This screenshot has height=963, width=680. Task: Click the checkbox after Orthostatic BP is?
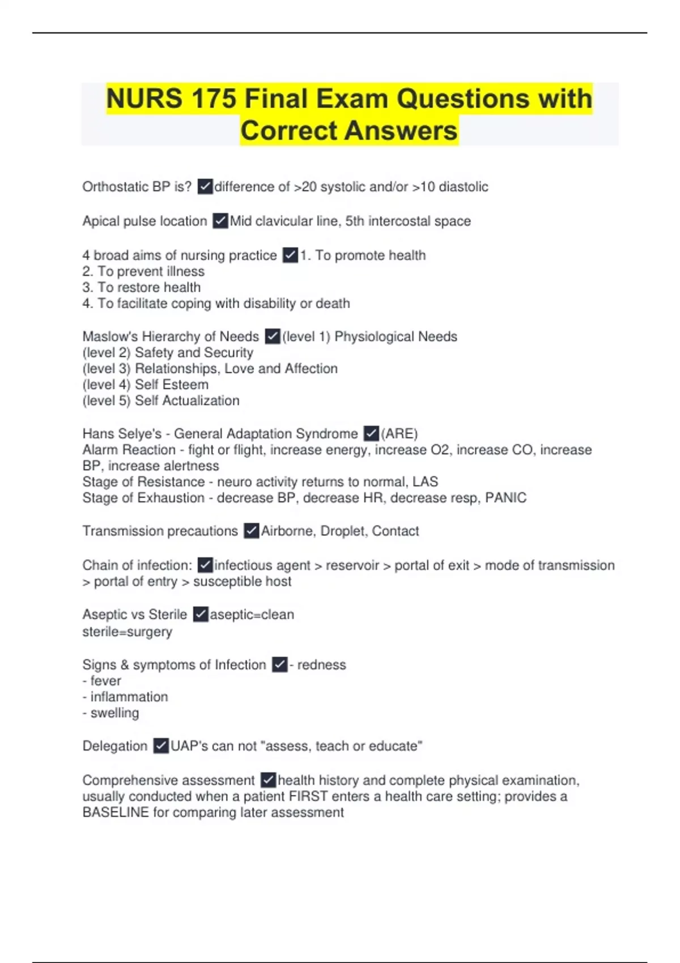pos(205,186)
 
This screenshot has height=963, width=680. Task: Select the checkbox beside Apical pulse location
pos(220,221)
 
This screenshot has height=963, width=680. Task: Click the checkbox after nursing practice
pos(290,255)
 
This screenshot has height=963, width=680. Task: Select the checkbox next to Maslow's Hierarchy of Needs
pos(272,336)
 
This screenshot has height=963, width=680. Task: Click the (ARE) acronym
pos(399,434)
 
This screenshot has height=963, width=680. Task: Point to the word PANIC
pos(506,498)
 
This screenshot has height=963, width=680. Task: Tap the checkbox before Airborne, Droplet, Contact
pos(251,531)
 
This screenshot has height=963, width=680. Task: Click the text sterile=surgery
pos(127,632)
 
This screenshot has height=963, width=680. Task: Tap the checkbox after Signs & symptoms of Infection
pos(279,664)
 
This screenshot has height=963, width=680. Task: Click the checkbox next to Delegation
pos(161,746)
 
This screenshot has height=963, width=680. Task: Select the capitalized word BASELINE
pos(116,812)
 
